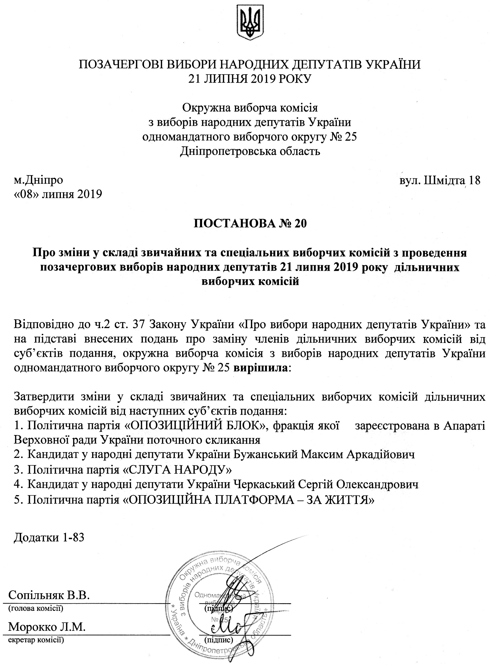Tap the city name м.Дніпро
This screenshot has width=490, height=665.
point(39,180)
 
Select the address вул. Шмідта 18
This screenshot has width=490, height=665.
point(440,180)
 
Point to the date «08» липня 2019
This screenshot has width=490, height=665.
point(58,194)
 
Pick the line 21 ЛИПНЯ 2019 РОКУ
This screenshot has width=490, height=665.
point(250,79)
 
